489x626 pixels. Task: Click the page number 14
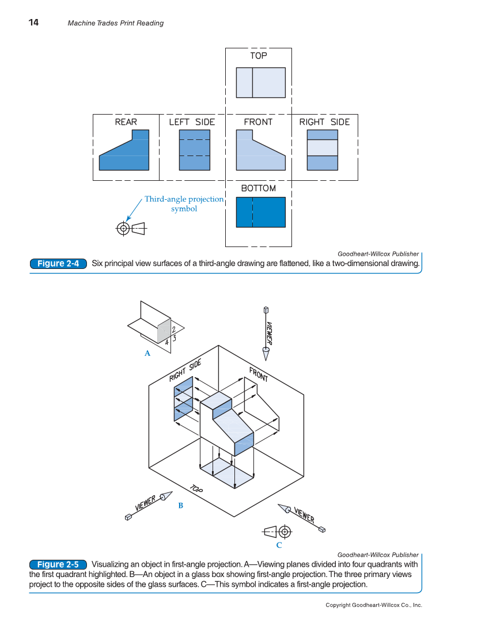click(34, 22)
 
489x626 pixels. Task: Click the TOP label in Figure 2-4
click(258, 55)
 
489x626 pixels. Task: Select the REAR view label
click(126, 122)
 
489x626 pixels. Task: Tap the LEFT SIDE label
click(191, 122)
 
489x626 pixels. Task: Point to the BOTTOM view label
click(258, 188)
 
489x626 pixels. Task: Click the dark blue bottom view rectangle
click(261, 212)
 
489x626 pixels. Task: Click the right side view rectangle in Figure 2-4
click(323, 150)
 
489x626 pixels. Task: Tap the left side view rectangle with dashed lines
click(194, 150)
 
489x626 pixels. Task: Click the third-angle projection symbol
click(131, 229)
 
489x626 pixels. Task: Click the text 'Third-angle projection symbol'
click(184, 204)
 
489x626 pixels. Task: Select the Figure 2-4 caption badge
click(58, 264)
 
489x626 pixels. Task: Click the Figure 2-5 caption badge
click(58, 564)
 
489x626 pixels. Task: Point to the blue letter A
click(147, 354)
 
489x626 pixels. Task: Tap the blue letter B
click(180, 506)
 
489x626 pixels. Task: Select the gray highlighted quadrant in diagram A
click(164, 332)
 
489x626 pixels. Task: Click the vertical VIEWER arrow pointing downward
click(267, 334)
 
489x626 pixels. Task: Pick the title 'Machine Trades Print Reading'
click(115, 23)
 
